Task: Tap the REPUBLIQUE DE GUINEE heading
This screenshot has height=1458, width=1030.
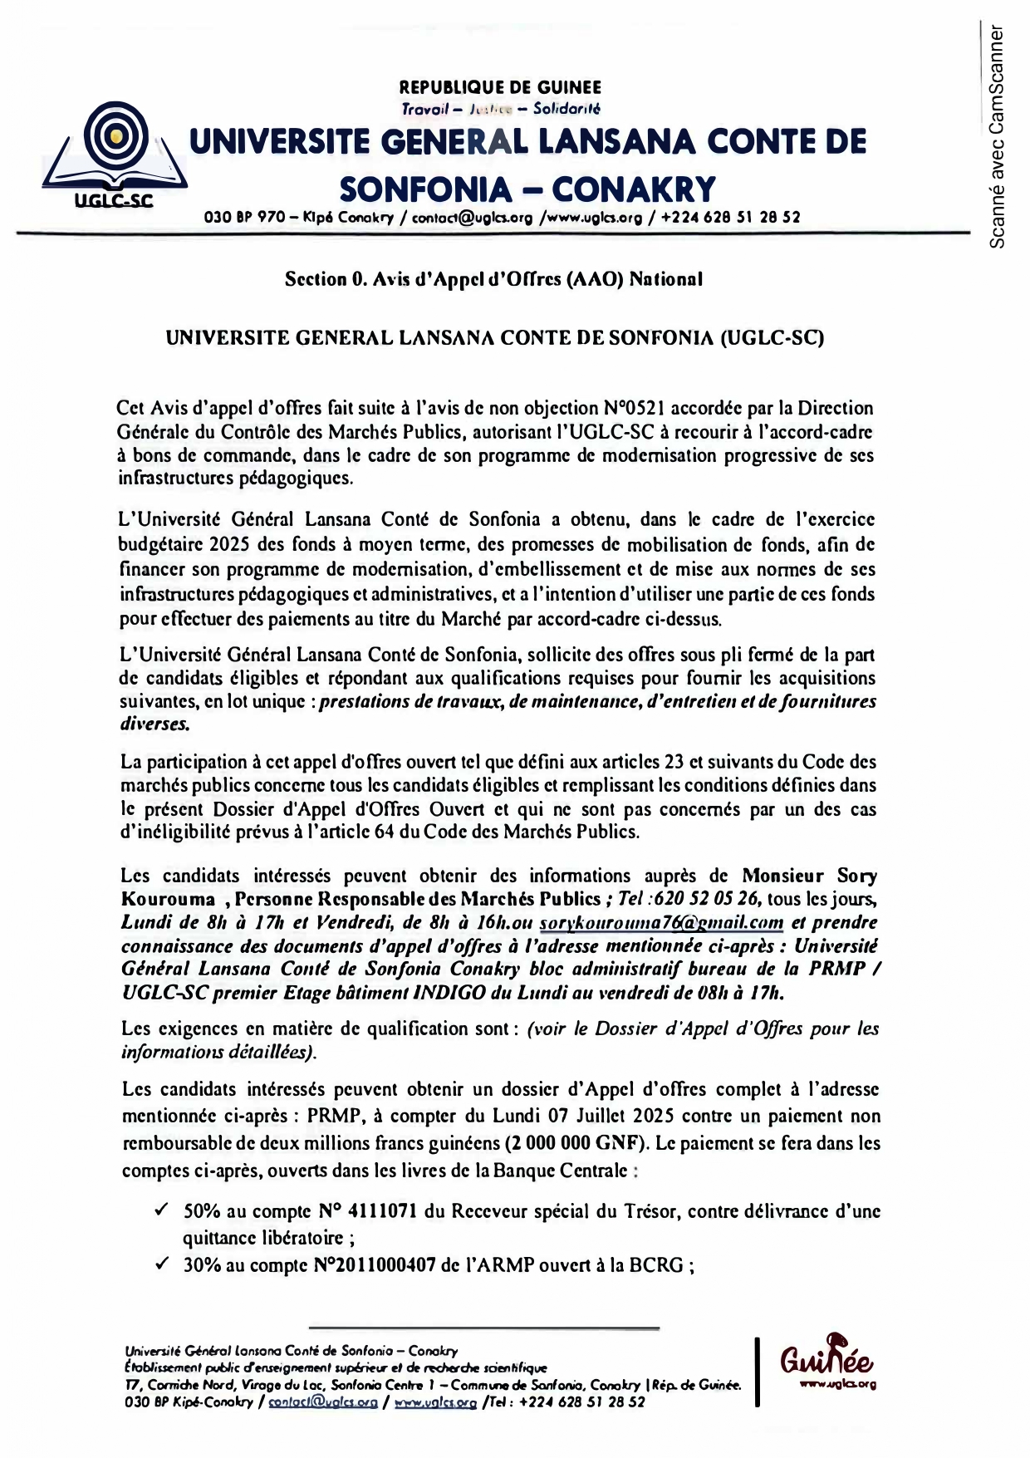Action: tap(500, 87)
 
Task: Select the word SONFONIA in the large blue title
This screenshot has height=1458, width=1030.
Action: tap(426, 190)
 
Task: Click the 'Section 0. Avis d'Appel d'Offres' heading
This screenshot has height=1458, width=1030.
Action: tap(493, 279)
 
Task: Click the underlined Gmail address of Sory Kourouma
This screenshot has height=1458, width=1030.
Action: tap(661, 922)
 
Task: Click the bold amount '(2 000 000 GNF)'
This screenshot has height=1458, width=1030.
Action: tap(576, 1142)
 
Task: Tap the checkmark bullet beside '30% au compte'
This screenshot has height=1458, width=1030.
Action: tap(162, 1264)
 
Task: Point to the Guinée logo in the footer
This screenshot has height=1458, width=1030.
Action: tap(826, 1363)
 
